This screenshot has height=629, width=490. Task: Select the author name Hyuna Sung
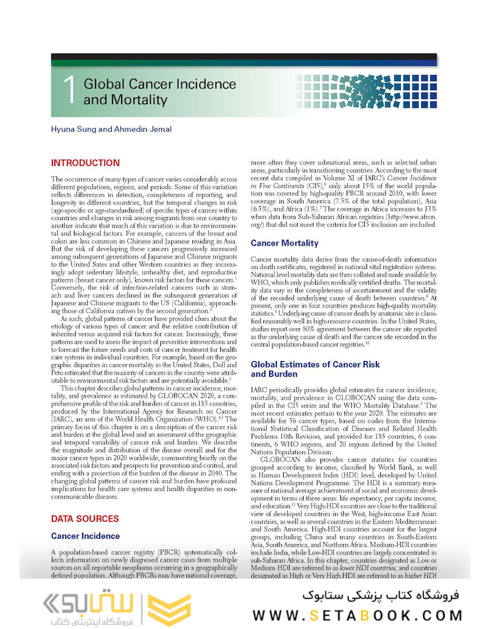coord(72,129)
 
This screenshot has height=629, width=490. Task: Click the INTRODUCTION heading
coord(85,163)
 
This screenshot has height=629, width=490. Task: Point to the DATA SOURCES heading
coord(85,518)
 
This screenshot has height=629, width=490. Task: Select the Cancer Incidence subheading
coord(85,536)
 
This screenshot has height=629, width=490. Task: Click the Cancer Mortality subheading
coord(284,243)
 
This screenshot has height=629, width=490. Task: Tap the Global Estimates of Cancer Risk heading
coord(315,365)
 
